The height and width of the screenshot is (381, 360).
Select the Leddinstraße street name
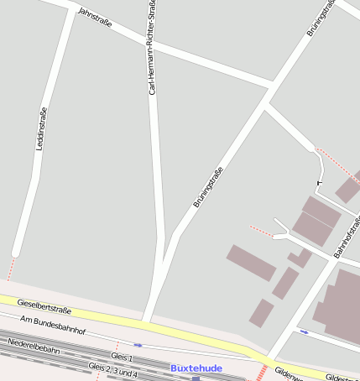[41, 128]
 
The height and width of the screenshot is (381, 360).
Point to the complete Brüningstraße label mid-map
[208, 188]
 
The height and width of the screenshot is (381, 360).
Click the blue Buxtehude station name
[196, 368]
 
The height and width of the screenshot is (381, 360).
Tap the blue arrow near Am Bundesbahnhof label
[138, 344]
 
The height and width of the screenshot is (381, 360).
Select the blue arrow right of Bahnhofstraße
[304, 331]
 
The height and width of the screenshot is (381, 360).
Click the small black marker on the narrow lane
[319, 182]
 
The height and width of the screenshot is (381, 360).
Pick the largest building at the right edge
[339, 306]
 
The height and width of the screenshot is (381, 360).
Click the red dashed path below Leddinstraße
[11, 269]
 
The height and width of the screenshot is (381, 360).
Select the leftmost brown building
[251, 263]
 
